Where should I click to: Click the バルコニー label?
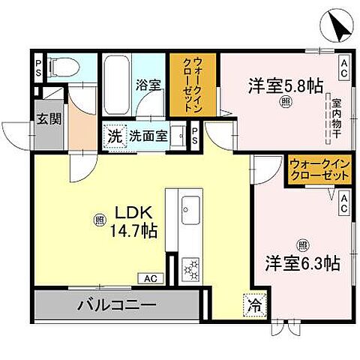[117, 306]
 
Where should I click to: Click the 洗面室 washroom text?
[147, 136]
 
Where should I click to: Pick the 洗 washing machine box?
[114, 136]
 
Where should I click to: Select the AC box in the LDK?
[149, 278]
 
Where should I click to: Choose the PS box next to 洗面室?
[193, 136]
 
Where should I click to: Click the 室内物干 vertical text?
[328, 115]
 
